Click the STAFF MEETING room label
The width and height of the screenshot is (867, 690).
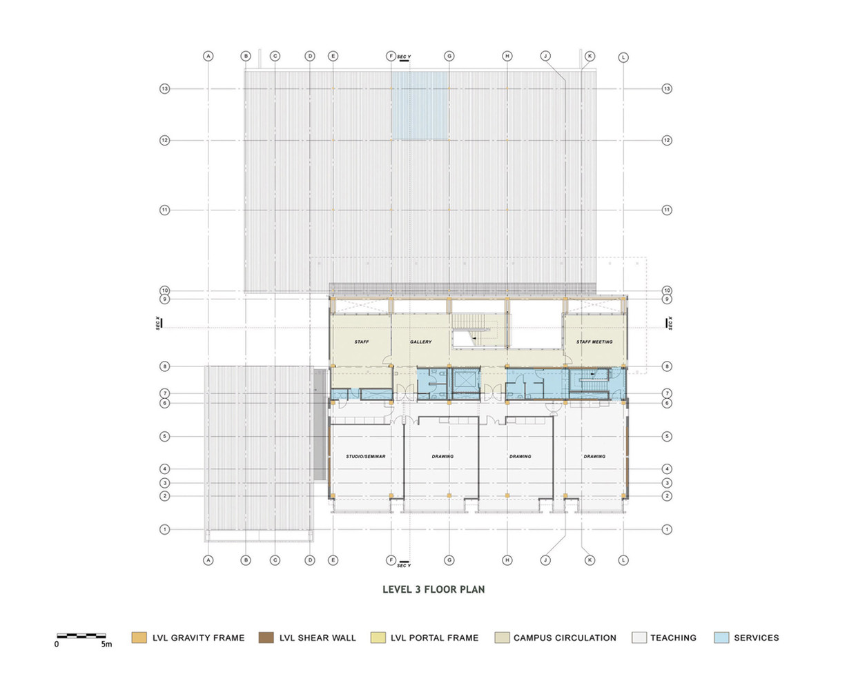click(x=594, y=342)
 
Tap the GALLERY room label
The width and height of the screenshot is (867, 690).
click(x=420, y=342)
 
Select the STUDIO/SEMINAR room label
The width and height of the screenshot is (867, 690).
click(x=365, y=456)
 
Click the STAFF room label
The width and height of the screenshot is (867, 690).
click(x=362, y=342)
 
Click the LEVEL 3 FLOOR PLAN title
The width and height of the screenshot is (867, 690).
click(x=433, y=589)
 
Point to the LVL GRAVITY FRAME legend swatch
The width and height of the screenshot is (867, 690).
click(x=139, y=638)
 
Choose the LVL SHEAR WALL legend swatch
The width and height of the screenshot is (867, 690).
click(x=266, y=638)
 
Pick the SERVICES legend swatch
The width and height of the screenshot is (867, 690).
click(x=721, y=638)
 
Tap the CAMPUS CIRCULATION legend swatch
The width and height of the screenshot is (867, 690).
click(x=502, y=638)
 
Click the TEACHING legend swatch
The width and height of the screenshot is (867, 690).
click(x=639, y=638)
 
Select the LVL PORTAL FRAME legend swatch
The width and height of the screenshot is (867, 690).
click(x=378, y=638)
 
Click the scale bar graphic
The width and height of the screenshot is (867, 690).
click(x=81, y=635)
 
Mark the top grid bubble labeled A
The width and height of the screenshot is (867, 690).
click(x=208, y=56)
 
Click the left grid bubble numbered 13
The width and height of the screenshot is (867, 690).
click(x=164, y=88)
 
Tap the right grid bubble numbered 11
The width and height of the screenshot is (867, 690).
click(x=667, y=210)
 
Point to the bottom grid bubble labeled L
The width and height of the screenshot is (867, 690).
click(x=623, y=560)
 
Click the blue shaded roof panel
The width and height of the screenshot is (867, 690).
click(x=420, y=106)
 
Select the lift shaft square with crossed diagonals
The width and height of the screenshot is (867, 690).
click(x=465, y=379)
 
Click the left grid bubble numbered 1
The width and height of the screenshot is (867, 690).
click(x=164, y=529)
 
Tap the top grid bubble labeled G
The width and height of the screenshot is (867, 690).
click(x=449, y=56)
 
